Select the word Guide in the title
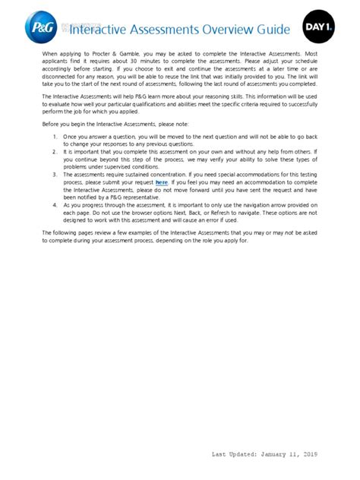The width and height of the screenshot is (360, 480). pos(271,30)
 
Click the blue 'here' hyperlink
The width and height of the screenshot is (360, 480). pos(161,183)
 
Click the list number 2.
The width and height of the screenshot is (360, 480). pos(55,152)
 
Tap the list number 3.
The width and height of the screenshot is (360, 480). pos(55,175)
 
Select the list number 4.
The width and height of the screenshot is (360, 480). pos(55,206)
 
